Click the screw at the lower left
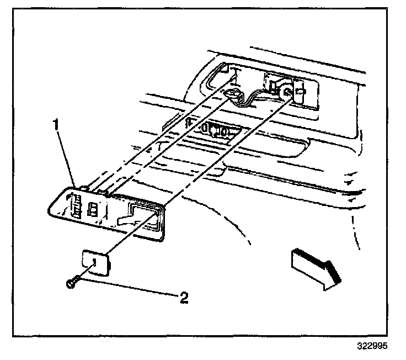coord(71,283)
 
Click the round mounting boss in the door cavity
coord(286,92)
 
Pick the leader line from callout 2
coord(127,290)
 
